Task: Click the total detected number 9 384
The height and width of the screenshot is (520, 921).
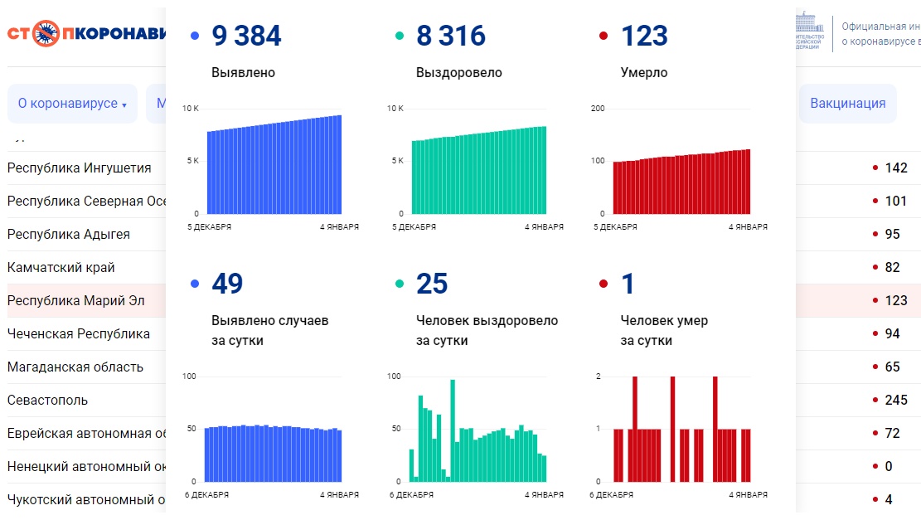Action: coord(246,36)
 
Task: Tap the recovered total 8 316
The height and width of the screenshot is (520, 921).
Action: coord(451,36)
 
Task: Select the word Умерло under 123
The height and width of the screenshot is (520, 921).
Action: coord(644,72)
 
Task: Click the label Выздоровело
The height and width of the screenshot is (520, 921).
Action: coord(458,72)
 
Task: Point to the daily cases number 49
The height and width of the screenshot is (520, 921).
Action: coord(227,284)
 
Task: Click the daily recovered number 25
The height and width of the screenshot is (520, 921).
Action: coord(432,284)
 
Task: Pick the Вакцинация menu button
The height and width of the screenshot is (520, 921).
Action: coord(847,104)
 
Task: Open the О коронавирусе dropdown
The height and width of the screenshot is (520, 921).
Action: coord(72,104)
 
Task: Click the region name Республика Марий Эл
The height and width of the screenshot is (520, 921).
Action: coord(76,300)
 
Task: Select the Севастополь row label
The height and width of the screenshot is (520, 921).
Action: coord(47,400)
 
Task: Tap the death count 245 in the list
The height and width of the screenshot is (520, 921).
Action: coord(896,400)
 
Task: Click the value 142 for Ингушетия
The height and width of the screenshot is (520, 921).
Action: coord(896,168)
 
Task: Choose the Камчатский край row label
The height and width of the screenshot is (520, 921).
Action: coord(61,267)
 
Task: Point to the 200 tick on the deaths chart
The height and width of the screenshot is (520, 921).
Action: coord(597,109)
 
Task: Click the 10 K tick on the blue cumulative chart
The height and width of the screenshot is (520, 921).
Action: coord(190,109)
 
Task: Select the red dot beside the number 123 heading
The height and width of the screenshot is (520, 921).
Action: coord(603,36)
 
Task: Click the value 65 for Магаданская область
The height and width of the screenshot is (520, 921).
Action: coord(893,367)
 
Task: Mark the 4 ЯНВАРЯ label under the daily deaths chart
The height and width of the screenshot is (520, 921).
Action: coord(748,494)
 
